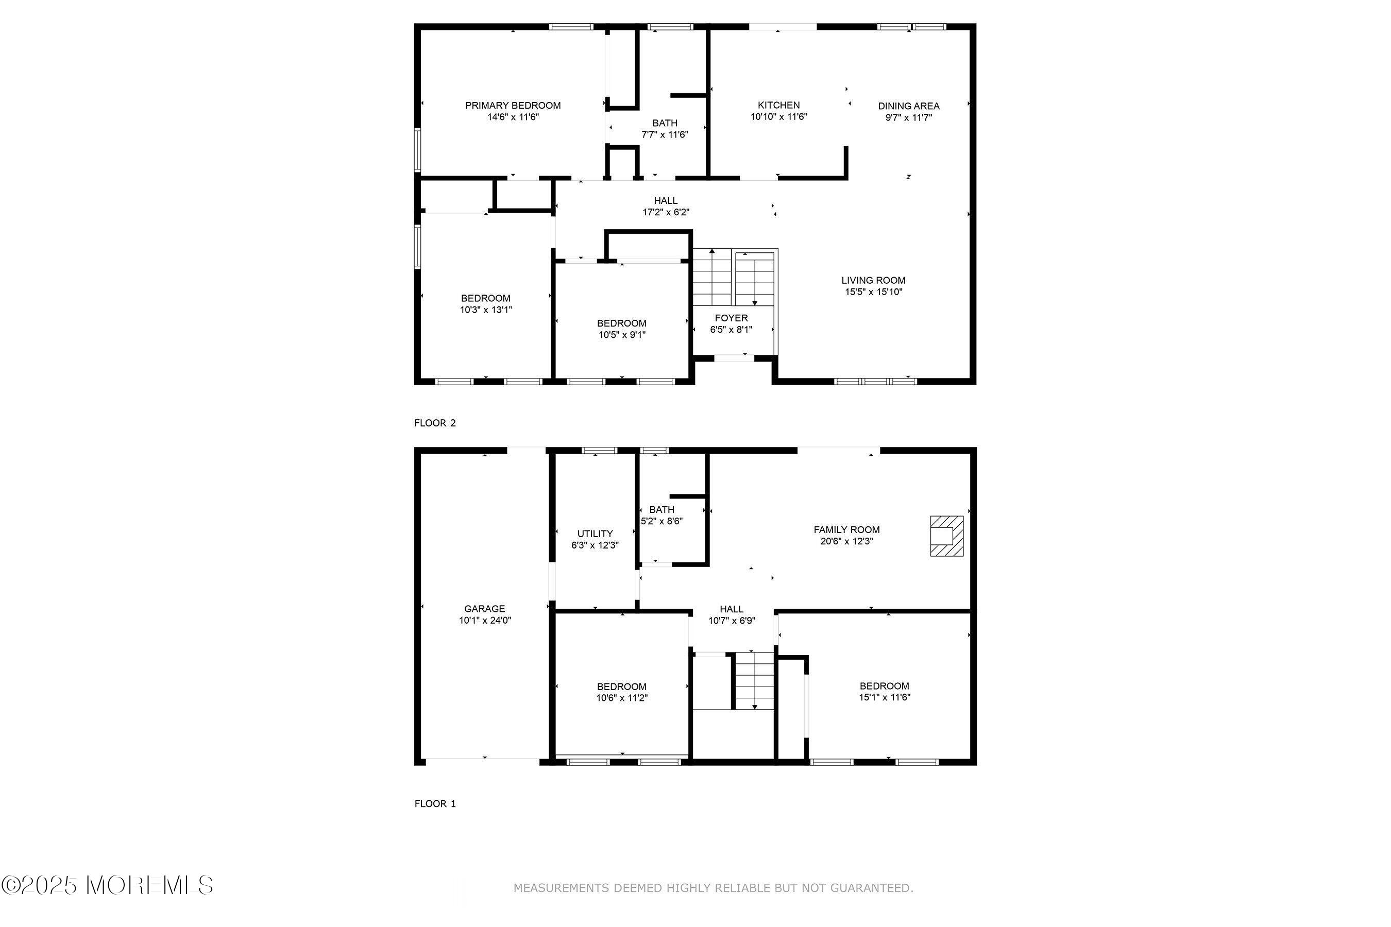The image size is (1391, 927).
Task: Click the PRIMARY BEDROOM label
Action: (512, 106)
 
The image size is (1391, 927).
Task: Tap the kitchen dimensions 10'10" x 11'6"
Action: (778, 117)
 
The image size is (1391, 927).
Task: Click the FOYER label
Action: (731, 318)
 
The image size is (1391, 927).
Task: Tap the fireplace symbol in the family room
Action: (946, 536)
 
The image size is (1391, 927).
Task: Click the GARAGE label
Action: (484, 608)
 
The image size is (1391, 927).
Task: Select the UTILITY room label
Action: (595, 533)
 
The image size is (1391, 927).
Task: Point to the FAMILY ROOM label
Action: (846, 530)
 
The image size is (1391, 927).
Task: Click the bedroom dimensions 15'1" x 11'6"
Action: (884, 697)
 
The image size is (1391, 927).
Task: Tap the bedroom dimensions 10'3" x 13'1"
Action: (485, 310)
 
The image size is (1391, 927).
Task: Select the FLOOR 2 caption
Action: (435, 423)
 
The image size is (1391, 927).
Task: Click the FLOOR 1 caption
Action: (435, 803)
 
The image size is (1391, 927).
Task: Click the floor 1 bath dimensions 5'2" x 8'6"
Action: (662, 521)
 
